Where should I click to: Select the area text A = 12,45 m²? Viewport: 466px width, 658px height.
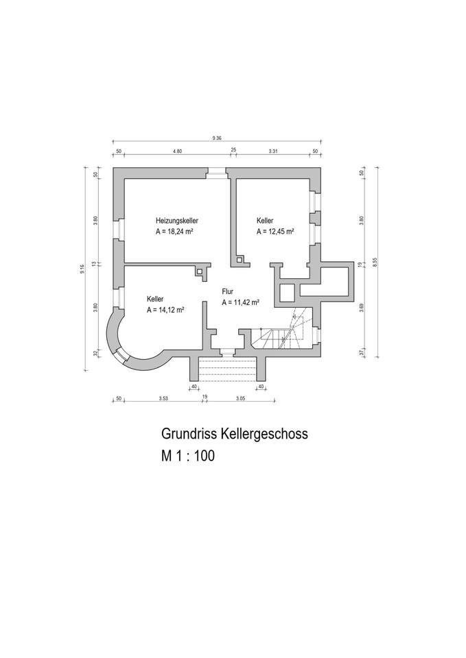275,232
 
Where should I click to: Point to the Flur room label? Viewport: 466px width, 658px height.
228,291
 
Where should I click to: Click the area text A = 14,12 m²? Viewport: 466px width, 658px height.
165,310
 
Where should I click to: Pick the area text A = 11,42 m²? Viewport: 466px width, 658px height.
240,302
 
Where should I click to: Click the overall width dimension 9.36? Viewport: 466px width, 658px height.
218,138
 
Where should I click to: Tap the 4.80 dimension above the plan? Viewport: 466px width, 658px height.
177,150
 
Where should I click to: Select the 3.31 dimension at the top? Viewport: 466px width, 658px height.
272,150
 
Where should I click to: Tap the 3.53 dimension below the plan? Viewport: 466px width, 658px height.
163,398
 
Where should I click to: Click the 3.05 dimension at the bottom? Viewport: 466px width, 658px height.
240,398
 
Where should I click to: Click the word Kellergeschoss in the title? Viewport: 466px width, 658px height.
265,434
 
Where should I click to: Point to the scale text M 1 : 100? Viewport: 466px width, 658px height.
188,456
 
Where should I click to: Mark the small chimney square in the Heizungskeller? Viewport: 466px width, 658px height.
200,271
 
